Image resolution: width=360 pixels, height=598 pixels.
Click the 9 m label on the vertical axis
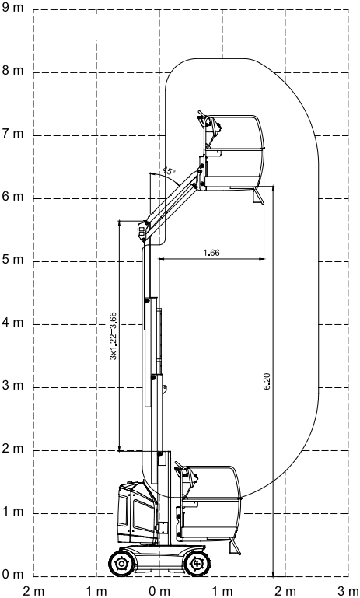(13, 8)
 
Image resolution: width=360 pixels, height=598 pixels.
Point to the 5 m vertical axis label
(13, 260)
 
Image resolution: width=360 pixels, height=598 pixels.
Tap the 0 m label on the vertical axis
(13, 575)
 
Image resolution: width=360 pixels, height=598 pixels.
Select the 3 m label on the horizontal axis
(348, 592)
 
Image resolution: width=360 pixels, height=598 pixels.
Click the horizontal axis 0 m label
(159, 592)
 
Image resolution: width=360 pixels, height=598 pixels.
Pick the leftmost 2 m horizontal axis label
(33, 592)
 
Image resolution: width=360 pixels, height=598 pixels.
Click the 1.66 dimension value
(211, 253)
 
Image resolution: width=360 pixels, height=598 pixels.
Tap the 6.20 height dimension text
(267, 381)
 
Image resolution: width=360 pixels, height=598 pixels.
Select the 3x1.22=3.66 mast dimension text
(114, 336)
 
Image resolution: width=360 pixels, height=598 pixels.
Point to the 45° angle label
(169, 170)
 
